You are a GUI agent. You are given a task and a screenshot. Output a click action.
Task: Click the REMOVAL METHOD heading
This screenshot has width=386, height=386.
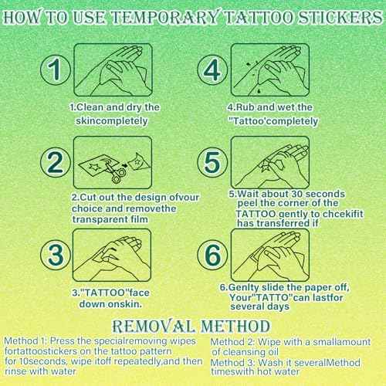[x=193, y=324]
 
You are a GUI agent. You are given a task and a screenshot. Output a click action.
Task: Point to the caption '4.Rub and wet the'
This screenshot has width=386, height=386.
[x=270, y=107]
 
